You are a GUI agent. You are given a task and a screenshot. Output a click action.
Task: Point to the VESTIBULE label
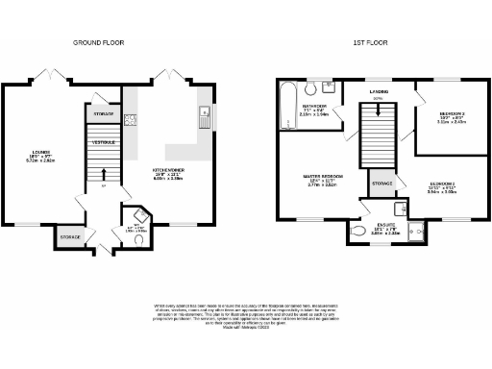point(104,142)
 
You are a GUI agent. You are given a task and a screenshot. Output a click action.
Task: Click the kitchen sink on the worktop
point(204,118)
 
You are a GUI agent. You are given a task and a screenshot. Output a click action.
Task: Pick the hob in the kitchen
point(129,121)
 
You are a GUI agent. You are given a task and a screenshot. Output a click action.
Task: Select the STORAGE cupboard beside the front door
point(70,235)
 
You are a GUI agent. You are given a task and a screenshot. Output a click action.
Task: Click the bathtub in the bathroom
point(285,107)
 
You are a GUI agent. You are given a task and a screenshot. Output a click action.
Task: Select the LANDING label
point(378,92)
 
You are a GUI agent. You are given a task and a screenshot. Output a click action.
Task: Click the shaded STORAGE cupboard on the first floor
point(381,182)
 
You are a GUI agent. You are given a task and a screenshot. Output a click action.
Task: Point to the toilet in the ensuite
point(357,232)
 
